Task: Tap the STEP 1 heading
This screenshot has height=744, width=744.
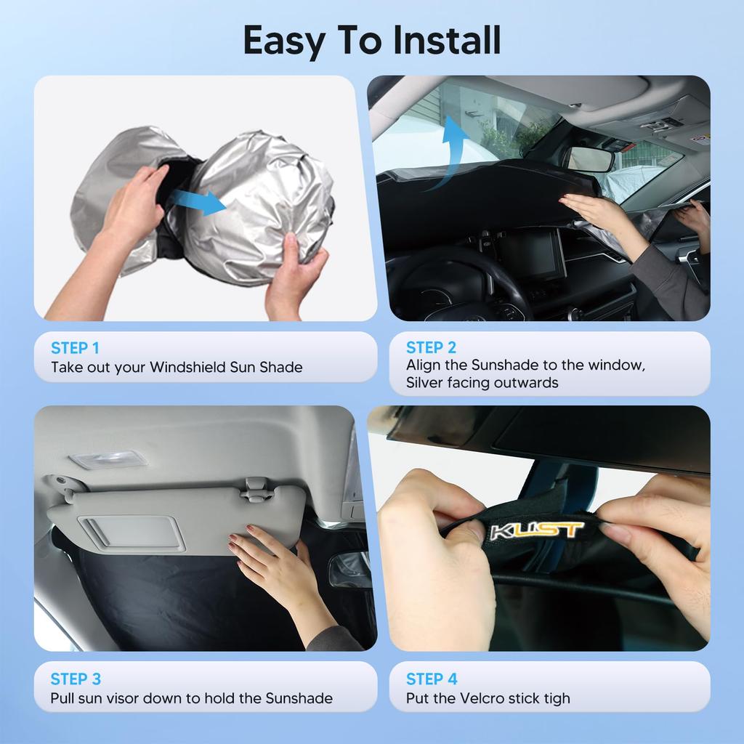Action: pos(76,347)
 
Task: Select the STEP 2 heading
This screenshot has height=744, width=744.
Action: pos(432,347)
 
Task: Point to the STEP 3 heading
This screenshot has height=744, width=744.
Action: pos(76,679)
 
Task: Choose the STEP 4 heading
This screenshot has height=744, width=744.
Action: pos(432,679)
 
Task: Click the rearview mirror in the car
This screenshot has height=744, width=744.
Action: pos(591,159)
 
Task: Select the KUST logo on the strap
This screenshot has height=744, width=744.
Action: pos(537,530)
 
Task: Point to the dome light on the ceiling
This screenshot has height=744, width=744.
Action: pos(108,460)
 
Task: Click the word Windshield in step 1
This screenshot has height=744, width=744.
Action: pos(187,368)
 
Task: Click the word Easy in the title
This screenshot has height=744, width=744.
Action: pos(284,41)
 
